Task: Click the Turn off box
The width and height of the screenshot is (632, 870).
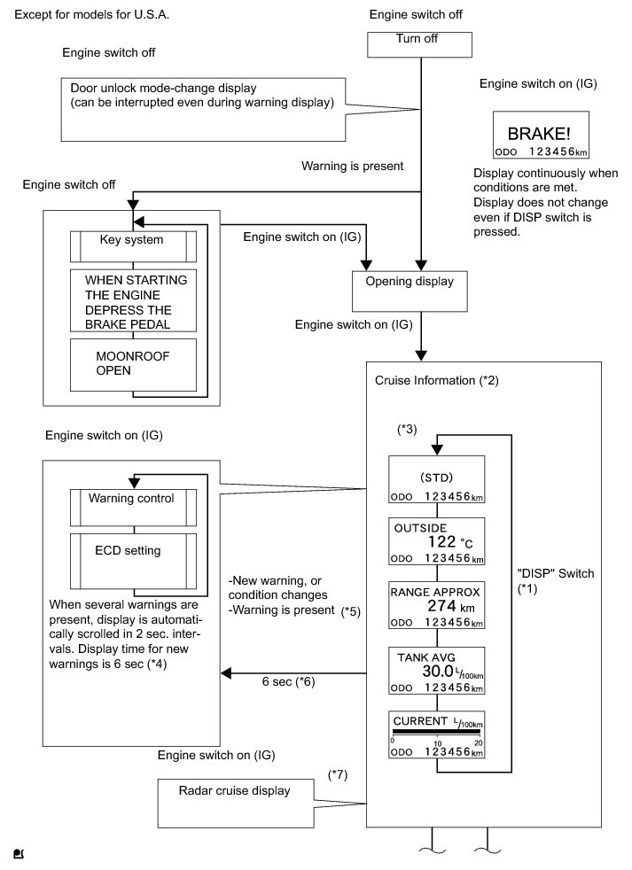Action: (419, 45)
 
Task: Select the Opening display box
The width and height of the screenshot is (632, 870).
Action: (410, 291)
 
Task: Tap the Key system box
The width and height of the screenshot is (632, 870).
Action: (133, 246)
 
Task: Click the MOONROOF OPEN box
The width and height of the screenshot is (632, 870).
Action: (133, 364)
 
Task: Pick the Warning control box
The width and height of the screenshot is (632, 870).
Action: (133, 508)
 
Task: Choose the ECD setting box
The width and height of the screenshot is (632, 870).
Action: (133, 561)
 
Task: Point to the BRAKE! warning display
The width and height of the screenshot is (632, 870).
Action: (541, 135)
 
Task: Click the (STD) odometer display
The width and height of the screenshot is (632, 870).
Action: (436, 479)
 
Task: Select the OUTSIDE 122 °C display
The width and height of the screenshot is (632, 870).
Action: (436, 541)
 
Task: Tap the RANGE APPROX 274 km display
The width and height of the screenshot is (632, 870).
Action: (436, 605)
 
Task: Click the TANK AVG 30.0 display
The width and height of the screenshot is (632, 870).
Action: (436, 671)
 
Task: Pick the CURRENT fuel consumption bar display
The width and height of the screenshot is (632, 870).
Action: (436, 734)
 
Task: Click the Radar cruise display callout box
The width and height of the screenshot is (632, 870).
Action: (236, 804)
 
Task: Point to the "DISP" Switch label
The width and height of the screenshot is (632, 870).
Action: (556, 580)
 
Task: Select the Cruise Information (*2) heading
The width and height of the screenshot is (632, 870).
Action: (436, 381)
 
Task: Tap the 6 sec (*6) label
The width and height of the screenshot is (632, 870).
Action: (288, 681)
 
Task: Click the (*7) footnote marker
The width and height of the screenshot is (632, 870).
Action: (338, 774)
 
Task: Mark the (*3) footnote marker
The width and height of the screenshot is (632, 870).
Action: (407, 429)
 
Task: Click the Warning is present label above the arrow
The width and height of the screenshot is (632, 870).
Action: (353, 166)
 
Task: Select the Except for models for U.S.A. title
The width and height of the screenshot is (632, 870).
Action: (91, 14)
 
